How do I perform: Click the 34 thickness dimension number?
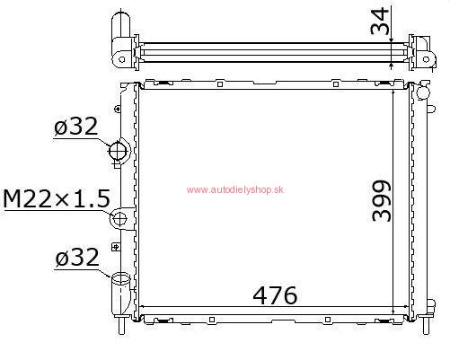tap(380, 22)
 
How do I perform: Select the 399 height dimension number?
tap(381, 201)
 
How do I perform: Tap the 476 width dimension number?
tap(275, 295)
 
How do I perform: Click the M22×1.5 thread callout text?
tap(57, 199)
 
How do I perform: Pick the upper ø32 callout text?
tap(76, 126)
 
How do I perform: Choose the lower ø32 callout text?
tap(77, 257)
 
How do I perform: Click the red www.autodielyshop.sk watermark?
tap(235, 189)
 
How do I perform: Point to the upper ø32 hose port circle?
tap(117, 151)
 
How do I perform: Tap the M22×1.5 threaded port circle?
tap(119, 218)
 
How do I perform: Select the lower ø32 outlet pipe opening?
tap(121, 278)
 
